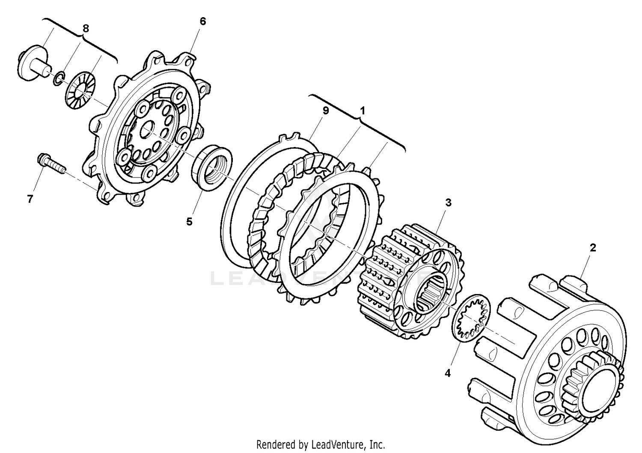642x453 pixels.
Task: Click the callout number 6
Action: [202, 21]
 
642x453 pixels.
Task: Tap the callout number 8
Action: [86, 29]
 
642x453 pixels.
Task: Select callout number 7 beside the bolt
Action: [30, 199]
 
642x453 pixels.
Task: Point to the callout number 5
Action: [189, 222]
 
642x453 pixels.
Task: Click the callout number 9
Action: [325, 111]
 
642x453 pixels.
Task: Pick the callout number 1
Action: [362, 111]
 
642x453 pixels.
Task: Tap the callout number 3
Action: [448, 203]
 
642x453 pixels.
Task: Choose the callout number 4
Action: [448, 373]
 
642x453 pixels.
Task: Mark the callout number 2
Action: [593, 248]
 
